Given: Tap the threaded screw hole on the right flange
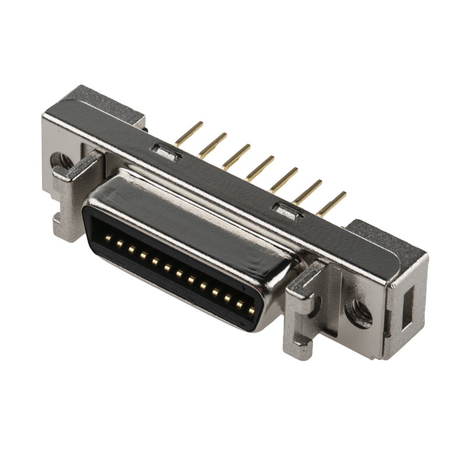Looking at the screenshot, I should [357, 313].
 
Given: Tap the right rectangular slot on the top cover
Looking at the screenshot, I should [287, 210].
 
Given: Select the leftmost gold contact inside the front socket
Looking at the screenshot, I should [109, 238].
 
